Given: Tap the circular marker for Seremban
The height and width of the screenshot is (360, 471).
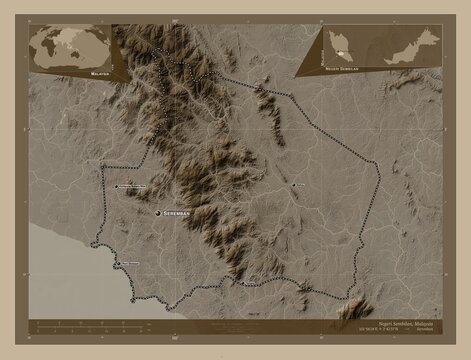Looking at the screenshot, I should tap(157, 213).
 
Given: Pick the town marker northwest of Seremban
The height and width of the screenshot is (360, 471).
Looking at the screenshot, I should tap(111, 187).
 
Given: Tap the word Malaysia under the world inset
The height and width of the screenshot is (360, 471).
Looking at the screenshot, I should tap(99, 73).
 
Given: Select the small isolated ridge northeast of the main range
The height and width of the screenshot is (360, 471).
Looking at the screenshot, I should tap(267, 101).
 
